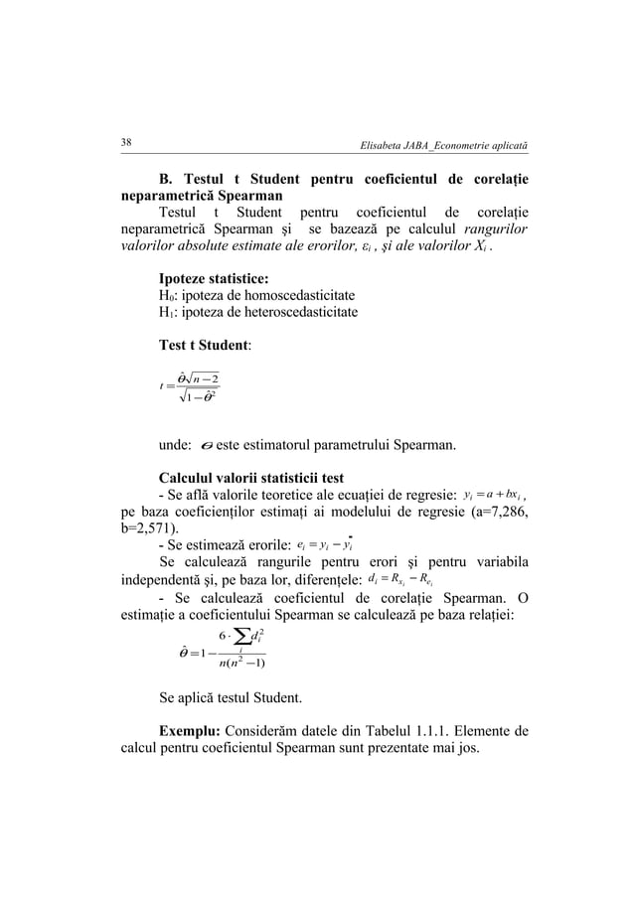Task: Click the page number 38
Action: (127, 143)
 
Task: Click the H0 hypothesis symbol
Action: (167, 297)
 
